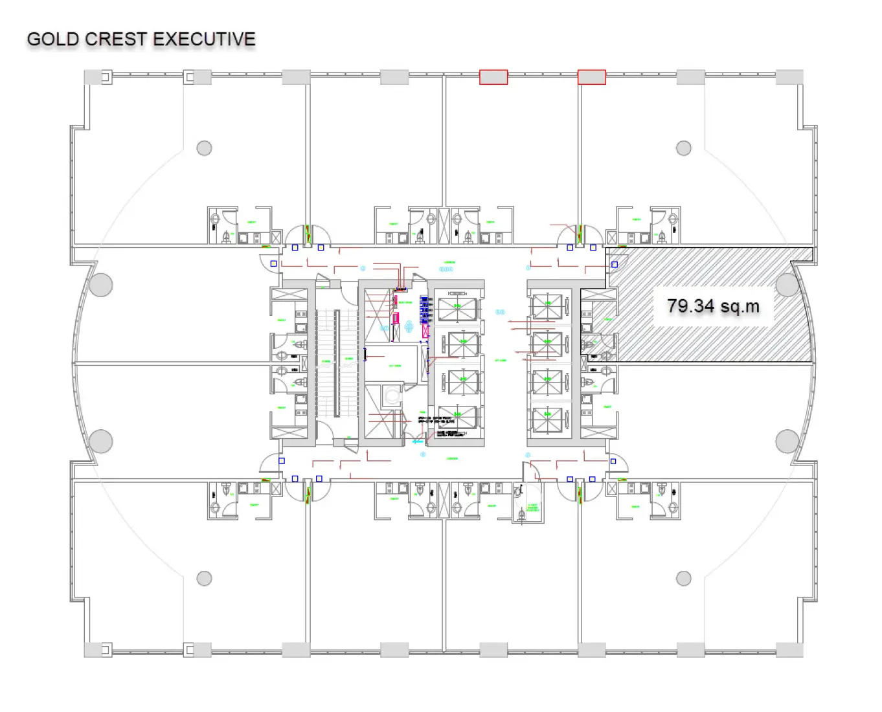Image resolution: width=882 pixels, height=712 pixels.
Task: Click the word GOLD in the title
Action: point(52,39)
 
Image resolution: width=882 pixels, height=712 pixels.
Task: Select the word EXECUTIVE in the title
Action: point(204,39)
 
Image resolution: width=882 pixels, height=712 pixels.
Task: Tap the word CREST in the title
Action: point(116,39)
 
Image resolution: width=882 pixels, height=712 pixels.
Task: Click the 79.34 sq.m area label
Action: point(713,306)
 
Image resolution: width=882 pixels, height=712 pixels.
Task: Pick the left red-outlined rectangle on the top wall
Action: point(493,77)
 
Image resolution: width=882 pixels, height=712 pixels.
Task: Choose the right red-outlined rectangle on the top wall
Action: point(591,77)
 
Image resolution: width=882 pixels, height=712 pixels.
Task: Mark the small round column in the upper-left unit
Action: point(205,148)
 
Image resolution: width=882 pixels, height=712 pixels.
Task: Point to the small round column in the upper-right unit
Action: point(684,148)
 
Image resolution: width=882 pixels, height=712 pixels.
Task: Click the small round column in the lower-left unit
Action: point(205,578)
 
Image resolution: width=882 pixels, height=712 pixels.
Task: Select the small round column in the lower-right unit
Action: point(684,578)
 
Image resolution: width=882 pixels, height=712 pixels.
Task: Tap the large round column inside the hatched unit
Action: point(787,285)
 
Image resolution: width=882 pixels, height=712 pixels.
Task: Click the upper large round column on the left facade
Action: point(101,285)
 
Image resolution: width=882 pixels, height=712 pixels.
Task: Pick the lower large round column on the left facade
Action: point(101,441)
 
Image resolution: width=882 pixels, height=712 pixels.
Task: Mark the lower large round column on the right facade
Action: point(787,441)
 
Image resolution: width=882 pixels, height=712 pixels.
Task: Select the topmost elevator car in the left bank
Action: point(458,309)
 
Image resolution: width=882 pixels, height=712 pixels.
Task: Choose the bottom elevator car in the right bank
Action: point(548,419)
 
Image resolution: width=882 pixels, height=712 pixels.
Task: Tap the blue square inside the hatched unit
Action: point(615,264)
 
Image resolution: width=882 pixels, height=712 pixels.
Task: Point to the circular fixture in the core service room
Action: point(390,395)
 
